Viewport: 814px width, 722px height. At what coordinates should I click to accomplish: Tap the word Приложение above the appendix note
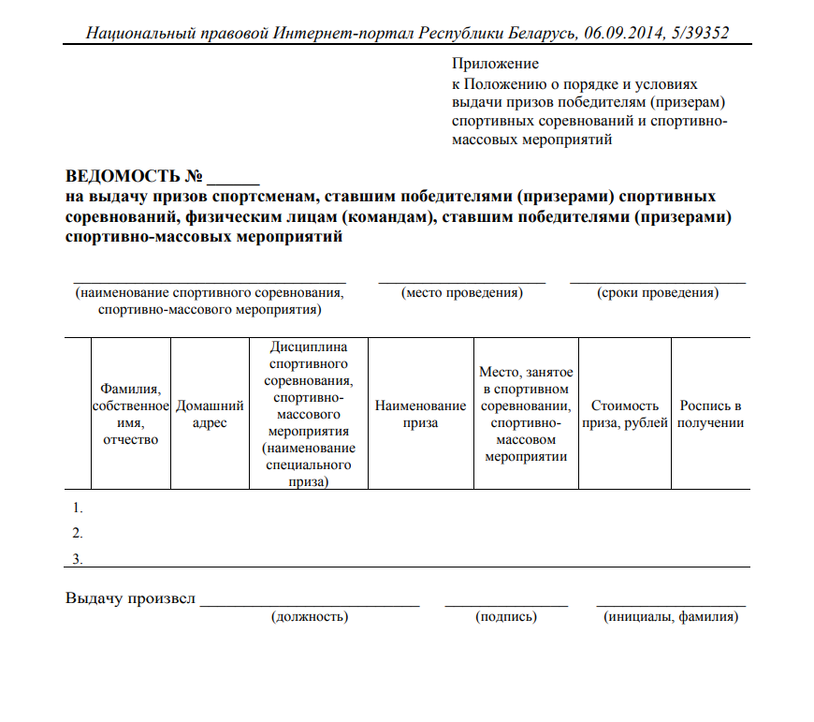(x=495, y=64)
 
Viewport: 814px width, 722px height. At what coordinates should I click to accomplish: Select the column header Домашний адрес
(x=210, y=414)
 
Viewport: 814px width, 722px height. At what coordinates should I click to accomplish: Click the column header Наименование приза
(x=420, y=414)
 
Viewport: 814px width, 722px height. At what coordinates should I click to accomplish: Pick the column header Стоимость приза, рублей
(x=624, y=414)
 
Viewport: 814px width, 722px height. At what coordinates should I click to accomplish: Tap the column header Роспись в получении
(x=710, y=414)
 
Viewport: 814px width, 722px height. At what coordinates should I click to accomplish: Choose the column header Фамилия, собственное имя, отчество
(x=130, y=414)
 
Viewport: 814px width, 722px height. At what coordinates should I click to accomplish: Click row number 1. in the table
(x=78, y=508)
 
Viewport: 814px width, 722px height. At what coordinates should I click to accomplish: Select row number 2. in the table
(x=78, y=534)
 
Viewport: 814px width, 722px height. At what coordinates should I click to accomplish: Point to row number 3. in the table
(x=78, y=559)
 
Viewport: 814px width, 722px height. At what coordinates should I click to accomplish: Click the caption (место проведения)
(x=461, y=293)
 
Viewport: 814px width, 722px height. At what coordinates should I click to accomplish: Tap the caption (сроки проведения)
(x=658, y=293)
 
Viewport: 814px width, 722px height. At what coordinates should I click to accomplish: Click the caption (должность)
(x=310, y=617)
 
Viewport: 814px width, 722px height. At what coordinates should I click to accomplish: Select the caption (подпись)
(x=506, y=617)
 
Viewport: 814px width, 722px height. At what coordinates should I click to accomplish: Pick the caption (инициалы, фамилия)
(x=672, y=617)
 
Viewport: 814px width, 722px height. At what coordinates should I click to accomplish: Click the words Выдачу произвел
(x=130, y=598)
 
